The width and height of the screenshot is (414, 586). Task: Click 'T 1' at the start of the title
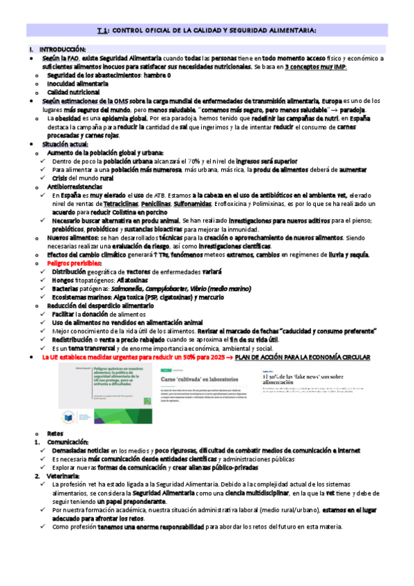[102, 30]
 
